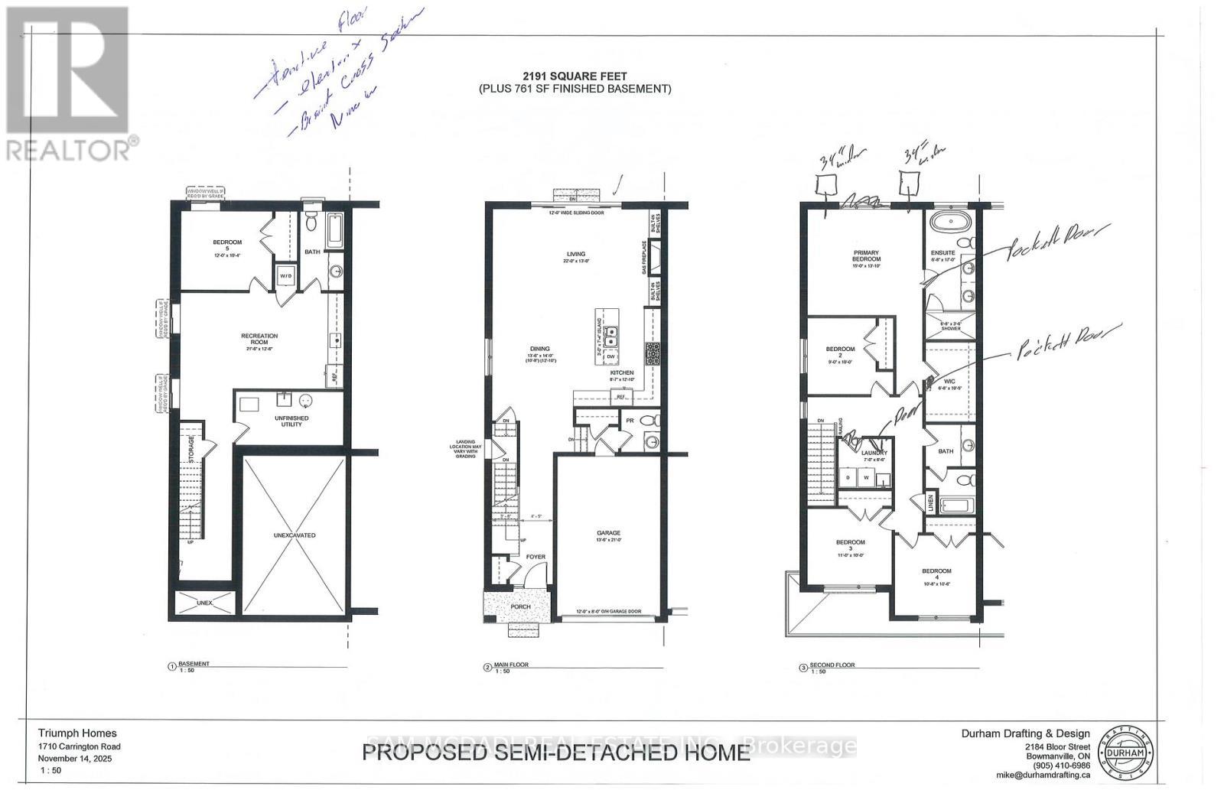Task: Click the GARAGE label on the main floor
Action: click(x=608, y=533)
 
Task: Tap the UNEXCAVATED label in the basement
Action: click(x=295, y=535)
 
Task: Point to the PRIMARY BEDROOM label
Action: click(x=866, y=255)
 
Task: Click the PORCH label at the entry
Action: click(x=519, y=608)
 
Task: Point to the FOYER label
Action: click(x=535, y=557)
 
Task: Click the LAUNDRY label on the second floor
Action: click(x=874, y=454)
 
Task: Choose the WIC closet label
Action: click(x=949, y=382)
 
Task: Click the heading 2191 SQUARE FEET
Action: click(x=575, y=76)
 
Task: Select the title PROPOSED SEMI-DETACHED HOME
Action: click(x=555, y=753)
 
